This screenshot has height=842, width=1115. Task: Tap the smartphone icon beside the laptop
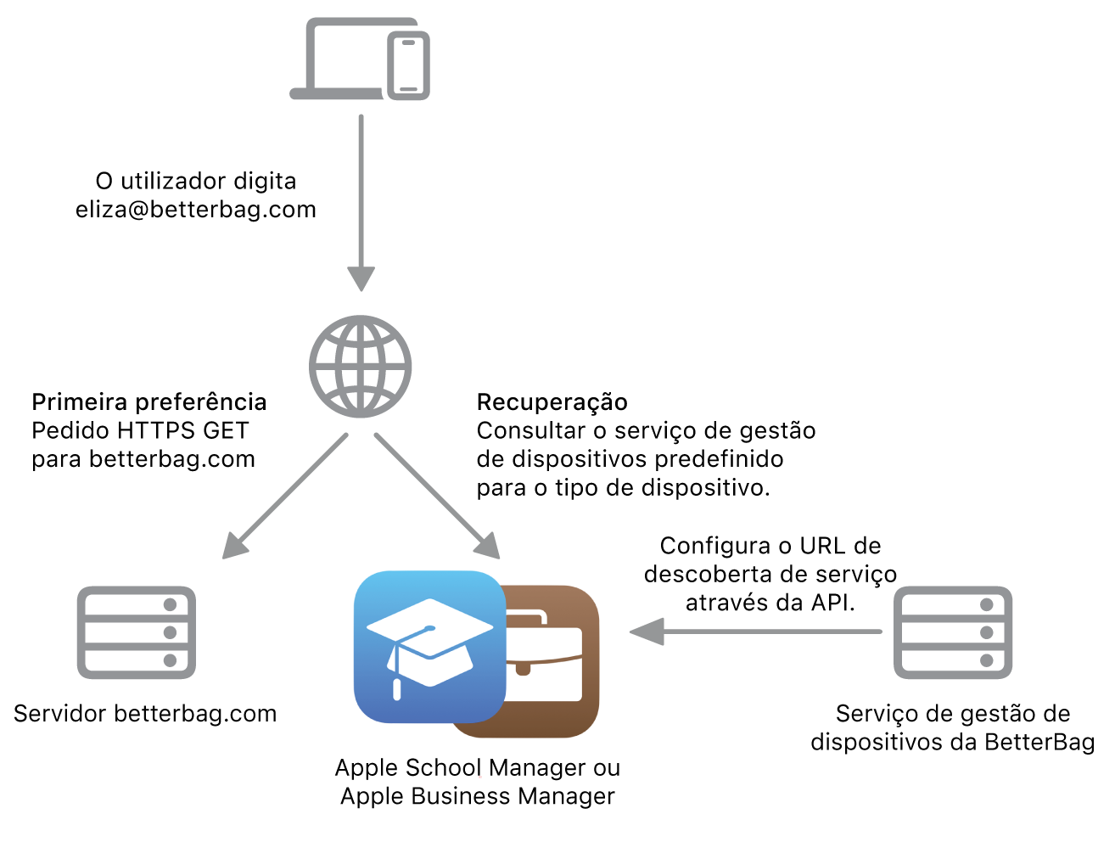408,66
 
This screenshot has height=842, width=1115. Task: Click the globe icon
361,367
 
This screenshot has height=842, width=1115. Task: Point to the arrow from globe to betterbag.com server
285,497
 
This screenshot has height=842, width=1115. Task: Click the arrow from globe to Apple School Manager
437,496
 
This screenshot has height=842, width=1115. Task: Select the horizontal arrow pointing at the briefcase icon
755,631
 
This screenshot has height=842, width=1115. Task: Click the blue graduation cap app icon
429,647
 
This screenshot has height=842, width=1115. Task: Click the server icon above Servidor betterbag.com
137,632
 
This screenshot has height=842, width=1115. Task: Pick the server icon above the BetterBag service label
953,632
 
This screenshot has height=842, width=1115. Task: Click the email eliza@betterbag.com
196,210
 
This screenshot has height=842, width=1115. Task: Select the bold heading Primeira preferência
149,401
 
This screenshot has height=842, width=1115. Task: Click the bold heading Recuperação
552,401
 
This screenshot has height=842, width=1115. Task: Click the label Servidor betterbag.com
145,714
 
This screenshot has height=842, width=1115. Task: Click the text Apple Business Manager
478,796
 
